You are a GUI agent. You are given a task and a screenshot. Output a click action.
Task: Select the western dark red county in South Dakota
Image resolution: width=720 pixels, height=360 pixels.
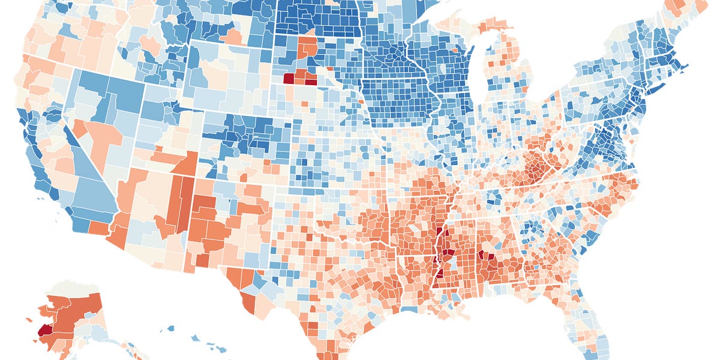289,77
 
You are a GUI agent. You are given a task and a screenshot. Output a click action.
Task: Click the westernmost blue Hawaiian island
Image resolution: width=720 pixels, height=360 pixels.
170,328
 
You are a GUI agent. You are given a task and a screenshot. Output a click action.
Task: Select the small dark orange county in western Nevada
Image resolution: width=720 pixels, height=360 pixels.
79,128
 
